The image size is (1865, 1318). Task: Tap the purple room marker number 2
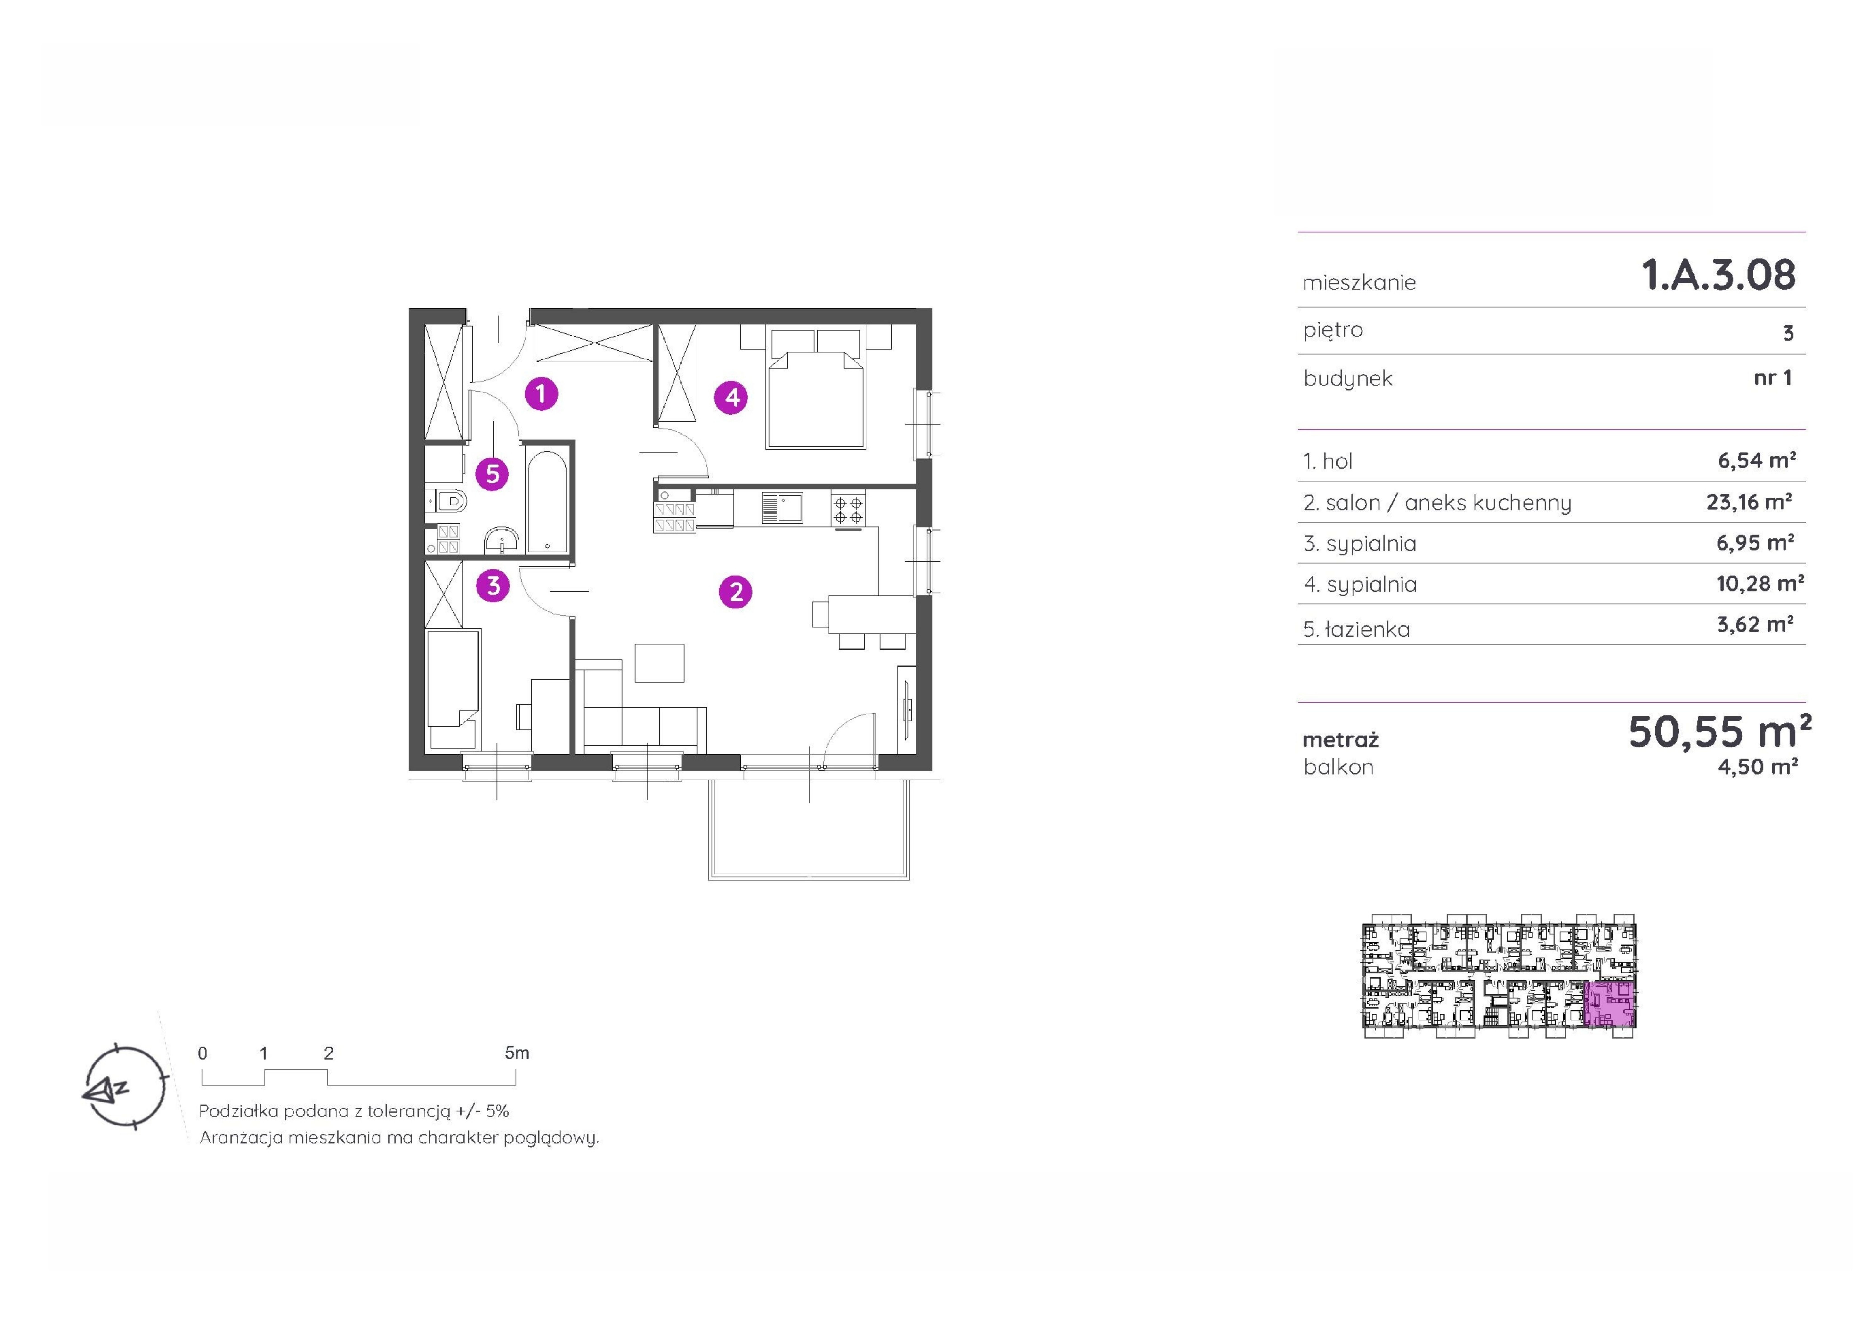click(735, 592)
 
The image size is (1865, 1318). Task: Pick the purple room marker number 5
click(492, 474)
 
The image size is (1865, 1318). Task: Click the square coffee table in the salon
click(660, 663)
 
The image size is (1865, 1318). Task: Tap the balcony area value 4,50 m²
click(1757, 767)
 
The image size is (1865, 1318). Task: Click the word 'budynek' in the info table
click(1348, 378)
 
